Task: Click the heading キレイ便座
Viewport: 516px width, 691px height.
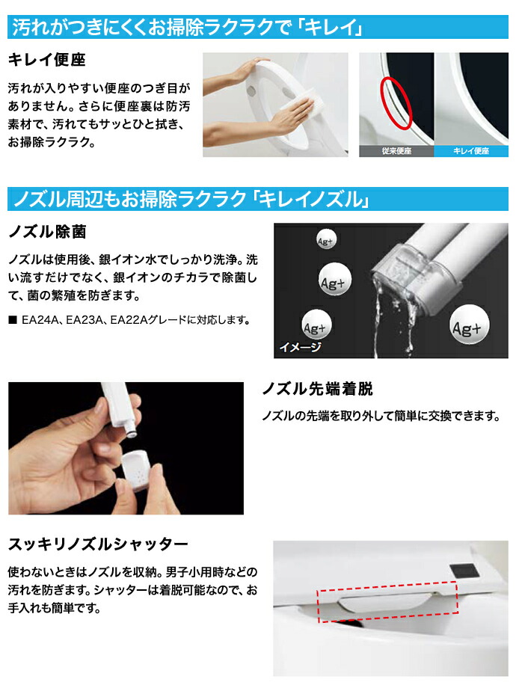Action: click(x=46, y=60)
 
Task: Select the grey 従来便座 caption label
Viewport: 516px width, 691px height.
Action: click(x=396, y=151)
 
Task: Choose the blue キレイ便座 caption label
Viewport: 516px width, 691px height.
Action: click(x=471, y=151)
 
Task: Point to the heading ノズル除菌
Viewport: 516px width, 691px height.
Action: click(x=47, y=232)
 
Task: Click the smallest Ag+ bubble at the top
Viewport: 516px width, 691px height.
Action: click(x=325, y=241)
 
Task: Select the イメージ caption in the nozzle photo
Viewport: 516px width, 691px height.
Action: click(x=300, y=347)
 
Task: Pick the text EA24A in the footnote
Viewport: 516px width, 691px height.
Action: click(x=40, y=320)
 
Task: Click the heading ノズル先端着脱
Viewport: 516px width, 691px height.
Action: click(x=317, y=389)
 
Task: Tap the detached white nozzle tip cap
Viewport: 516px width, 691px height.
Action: click(x=136, y=470)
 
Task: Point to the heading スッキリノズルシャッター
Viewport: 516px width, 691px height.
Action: click(x=98, y=544)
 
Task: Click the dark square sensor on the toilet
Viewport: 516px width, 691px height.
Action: click(x=464, y=571)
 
